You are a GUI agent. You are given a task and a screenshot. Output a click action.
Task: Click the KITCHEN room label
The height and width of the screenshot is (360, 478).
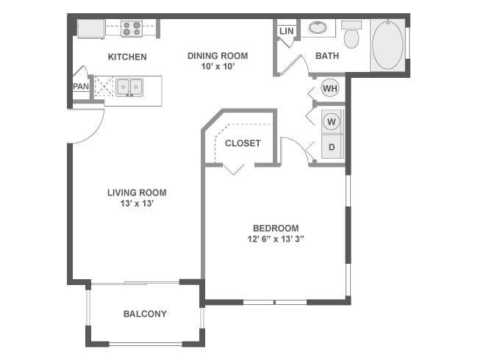[x=127, y=57]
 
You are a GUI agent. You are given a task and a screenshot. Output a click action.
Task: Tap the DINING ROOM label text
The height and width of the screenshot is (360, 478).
[x=217, y=55]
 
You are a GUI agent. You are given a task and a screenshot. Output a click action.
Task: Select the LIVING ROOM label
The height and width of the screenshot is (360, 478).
[x=137, y=192]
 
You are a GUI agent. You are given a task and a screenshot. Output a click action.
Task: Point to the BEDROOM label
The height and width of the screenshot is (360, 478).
[x=276, y=228]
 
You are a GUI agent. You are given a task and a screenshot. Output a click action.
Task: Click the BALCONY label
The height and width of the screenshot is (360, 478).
[x=144, y=314]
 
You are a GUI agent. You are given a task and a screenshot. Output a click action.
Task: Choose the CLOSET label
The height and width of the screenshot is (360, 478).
[x=243, y=143]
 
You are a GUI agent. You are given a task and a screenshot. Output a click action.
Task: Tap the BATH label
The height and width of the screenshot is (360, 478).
[x=327, y=56]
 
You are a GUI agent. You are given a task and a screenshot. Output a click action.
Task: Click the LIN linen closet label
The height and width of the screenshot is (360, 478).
[x=286, y=32]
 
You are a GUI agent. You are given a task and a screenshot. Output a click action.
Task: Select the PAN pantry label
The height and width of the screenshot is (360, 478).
[x=81, y=86]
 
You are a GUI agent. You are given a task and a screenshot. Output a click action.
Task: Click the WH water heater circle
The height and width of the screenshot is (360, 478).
[x=330, y=88]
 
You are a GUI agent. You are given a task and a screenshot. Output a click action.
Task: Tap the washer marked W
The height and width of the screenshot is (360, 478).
[x=332, y=120]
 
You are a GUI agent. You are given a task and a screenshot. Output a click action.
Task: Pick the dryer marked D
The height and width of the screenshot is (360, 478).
[x=332, y=147]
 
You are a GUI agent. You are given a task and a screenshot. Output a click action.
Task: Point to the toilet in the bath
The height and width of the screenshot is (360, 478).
[x=352, y=36]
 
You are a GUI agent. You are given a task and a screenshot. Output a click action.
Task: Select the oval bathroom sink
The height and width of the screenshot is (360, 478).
[x=318, y=29]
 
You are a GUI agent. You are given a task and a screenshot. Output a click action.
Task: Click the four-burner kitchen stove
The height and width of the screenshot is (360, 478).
[x=131, y=29]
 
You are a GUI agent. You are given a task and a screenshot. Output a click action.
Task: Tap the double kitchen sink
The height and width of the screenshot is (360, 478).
[x=129, y=87]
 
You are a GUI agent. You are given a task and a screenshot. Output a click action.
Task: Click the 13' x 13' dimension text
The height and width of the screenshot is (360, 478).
[x=137, y=204]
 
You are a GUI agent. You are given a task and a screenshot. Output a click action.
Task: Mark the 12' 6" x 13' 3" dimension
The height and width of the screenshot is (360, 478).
[x=276, y=239]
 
